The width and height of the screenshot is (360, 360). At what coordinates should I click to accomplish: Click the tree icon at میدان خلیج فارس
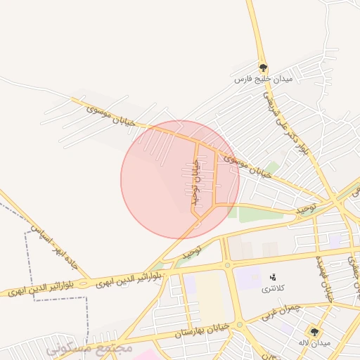(263, 68)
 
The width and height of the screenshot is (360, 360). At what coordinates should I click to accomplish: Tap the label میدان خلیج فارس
(262, 80)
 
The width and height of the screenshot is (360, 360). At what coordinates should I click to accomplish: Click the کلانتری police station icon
(273, 276)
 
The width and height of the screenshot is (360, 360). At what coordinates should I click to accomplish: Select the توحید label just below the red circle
(191, 250)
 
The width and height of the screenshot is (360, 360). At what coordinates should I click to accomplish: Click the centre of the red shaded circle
(180, 179)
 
